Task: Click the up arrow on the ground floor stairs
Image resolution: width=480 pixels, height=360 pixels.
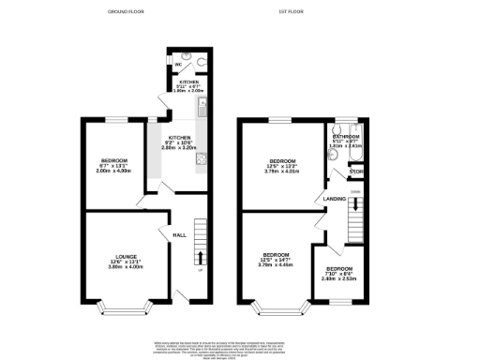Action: [x=200, y=258]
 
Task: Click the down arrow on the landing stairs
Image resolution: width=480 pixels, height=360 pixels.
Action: [x=354, y=202]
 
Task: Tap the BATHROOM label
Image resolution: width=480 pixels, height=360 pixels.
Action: [x=347, y=136]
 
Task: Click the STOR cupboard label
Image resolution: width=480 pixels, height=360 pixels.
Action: [x=355, y=172]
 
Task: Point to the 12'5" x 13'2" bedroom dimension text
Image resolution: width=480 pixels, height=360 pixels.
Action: [x=280, y=166]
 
